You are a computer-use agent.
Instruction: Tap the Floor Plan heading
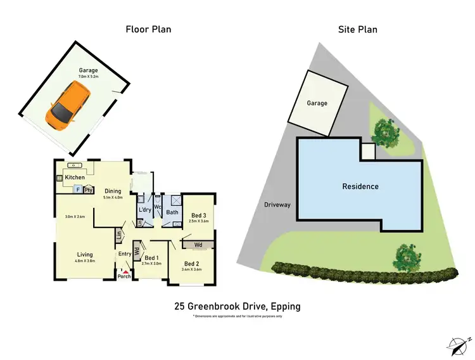coord(149,29)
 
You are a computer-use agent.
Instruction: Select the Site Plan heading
coord(358,29)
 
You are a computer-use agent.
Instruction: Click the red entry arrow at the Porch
coord(124,271)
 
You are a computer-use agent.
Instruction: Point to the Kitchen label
coord(75,177)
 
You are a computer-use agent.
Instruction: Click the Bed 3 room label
coord(198,215)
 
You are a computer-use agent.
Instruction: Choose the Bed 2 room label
coord(191,264)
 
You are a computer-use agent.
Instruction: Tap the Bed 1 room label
coord(151,257)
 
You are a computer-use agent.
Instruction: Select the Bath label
coord(172,212)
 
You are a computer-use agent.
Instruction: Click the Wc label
coord(158,207)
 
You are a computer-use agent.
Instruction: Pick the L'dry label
coord(144,210)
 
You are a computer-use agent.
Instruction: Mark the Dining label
coord(113,191)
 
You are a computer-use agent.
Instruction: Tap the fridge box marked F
coord(78,189)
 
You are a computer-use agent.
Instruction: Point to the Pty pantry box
coord(89,189)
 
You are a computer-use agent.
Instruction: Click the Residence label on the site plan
coord(360,186)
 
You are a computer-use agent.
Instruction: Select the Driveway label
coord(277,205)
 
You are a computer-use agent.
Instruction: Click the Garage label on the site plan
coord(317,103)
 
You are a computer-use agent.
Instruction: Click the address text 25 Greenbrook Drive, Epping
coord(237,307)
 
